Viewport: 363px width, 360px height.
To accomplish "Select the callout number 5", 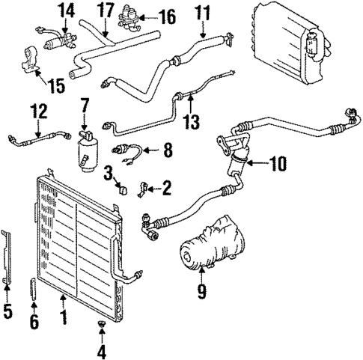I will [8, 310].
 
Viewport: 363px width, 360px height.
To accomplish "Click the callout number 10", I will [278, 162].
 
